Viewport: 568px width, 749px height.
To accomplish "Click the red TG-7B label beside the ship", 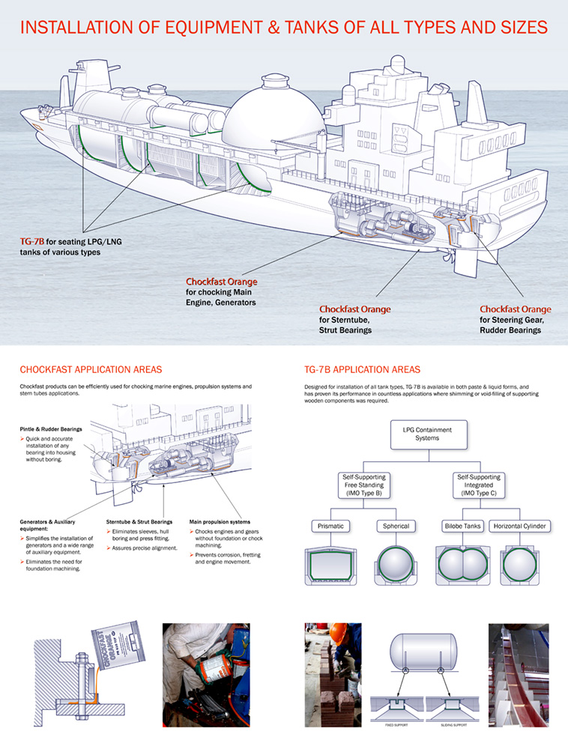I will click(32, 242).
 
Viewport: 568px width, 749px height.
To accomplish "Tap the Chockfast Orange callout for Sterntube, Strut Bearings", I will click(354, 309).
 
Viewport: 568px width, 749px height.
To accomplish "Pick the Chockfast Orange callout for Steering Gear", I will click(515, 309).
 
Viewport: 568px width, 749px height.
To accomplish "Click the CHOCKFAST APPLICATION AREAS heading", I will click(91, 369).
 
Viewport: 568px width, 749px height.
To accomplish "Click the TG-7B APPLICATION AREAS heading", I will click(363, 369).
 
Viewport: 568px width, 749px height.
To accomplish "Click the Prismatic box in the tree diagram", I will click(330, 526).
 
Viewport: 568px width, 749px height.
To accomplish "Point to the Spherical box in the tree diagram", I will click(396, 526).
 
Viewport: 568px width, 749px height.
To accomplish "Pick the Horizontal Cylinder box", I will click(520, 526).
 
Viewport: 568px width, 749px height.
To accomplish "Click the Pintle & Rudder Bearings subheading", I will click(52, 429).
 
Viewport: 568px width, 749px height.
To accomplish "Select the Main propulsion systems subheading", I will click(220, 521).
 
